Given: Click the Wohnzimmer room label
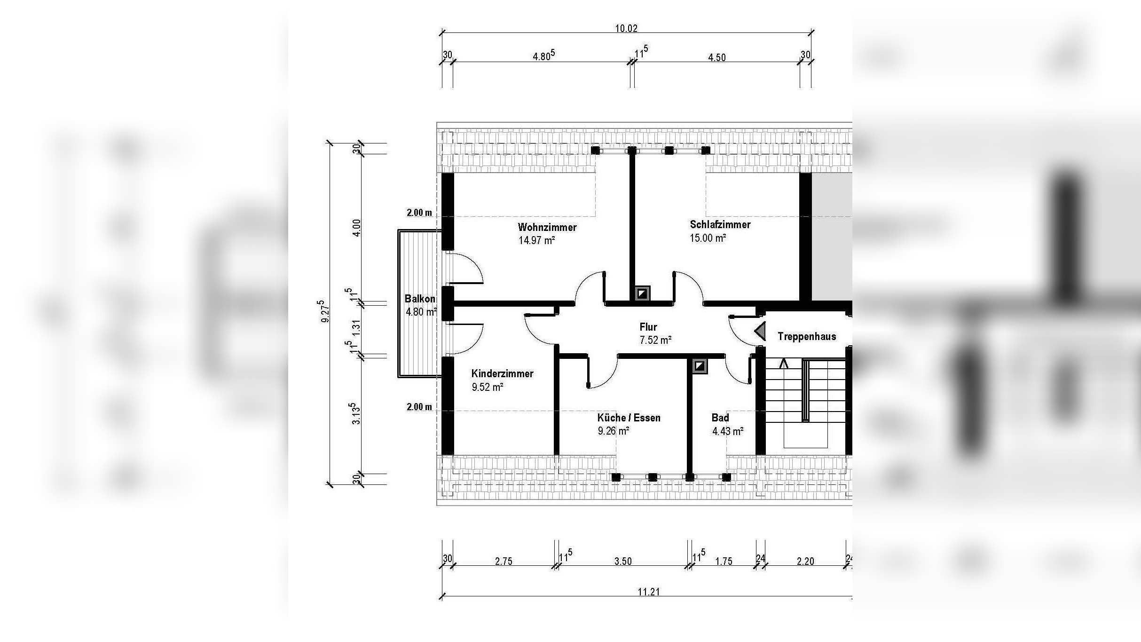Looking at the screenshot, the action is [x=547, y=227].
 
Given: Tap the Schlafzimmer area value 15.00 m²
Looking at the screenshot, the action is [x=708, y=238].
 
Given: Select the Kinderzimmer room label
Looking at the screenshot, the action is [x=502, y=373].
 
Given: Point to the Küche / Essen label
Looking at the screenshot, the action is [x=629, y=418].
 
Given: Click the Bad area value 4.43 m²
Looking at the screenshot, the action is [x=728, y=431].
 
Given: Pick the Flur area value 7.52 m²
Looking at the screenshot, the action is [x=655, y=340].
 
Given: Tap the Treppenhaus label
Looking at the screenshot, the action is [x=807, y=336].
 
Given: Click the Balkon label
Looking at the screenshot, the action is [x=420, y=299].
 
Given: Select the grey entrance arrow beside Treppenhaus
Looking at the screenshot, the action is [x=760, y=331].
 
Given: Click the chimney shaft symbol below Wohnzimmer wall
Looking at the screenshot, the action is [x=642, y=294].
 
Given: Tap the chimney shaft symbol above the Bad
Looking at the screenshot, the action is [x=700, y=366].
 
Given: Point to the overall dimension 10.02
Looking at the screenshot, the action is [x=626, y=28].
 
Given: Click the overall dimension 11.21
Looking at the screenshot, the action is [x=649, y=592].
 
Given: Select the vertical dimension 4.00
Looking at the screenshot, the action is [x=357, y=228].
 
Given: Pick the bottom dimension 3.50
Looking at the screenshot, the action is [x=623, y=561].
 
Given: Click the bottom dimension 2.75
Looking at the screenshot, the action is [x=504, y=561].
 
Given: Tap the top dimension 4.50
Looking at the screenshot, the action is [x=717, y=57].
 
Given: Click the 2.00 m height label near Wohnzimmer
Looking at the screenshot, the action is [x=419, y=213].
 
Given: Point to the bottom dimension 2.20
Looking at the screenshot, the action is [x=805, y=561].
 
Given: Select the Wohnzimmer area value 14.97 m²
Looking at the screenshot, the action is [x=536, y=241].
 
